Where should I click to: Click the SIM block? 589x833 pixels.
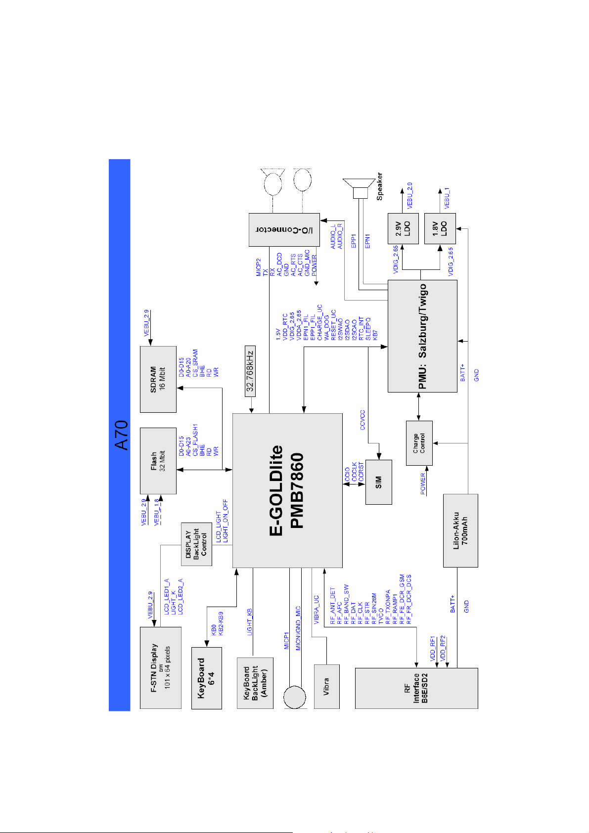[x=378, y=482]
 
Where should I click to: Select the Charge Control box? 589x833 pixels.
[x=419, y=443]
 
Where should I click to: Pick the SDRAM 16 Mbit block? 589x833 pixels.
[x=158, y=379]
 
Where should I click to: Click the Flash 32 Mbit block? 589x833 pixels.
[x=158, y=461]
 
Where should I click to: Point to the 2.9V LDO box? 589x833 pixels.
[x=403, y=228]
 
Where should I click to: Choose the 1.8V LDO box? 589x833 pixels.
[x=440, y=228]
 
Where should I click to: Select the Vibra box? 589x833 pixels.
[x=326, y=686]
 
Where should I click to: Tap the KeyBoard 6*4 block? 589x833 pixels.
[x=206, y=677]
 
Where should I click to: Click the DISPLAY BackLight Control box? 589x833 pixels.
[x=196, y=544]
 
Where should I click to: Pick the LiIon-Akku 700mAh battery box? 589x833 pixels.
[x=460, y=530]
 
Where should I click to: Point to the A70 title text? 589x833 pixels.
[x=121, y=435]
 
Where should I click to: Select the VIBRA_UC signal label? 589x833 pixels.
[x=317, y=609]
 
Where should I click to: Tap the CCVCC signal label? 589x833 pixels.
[x=362, y=420]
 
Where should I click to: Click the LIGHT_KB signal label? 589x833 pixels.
[x=250, y=622]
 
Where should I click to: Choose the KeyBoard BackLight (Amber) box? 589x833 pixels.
[x=255, y=683]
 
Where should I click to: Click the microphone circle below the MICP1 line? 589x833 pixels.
[x=296, y=697]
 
